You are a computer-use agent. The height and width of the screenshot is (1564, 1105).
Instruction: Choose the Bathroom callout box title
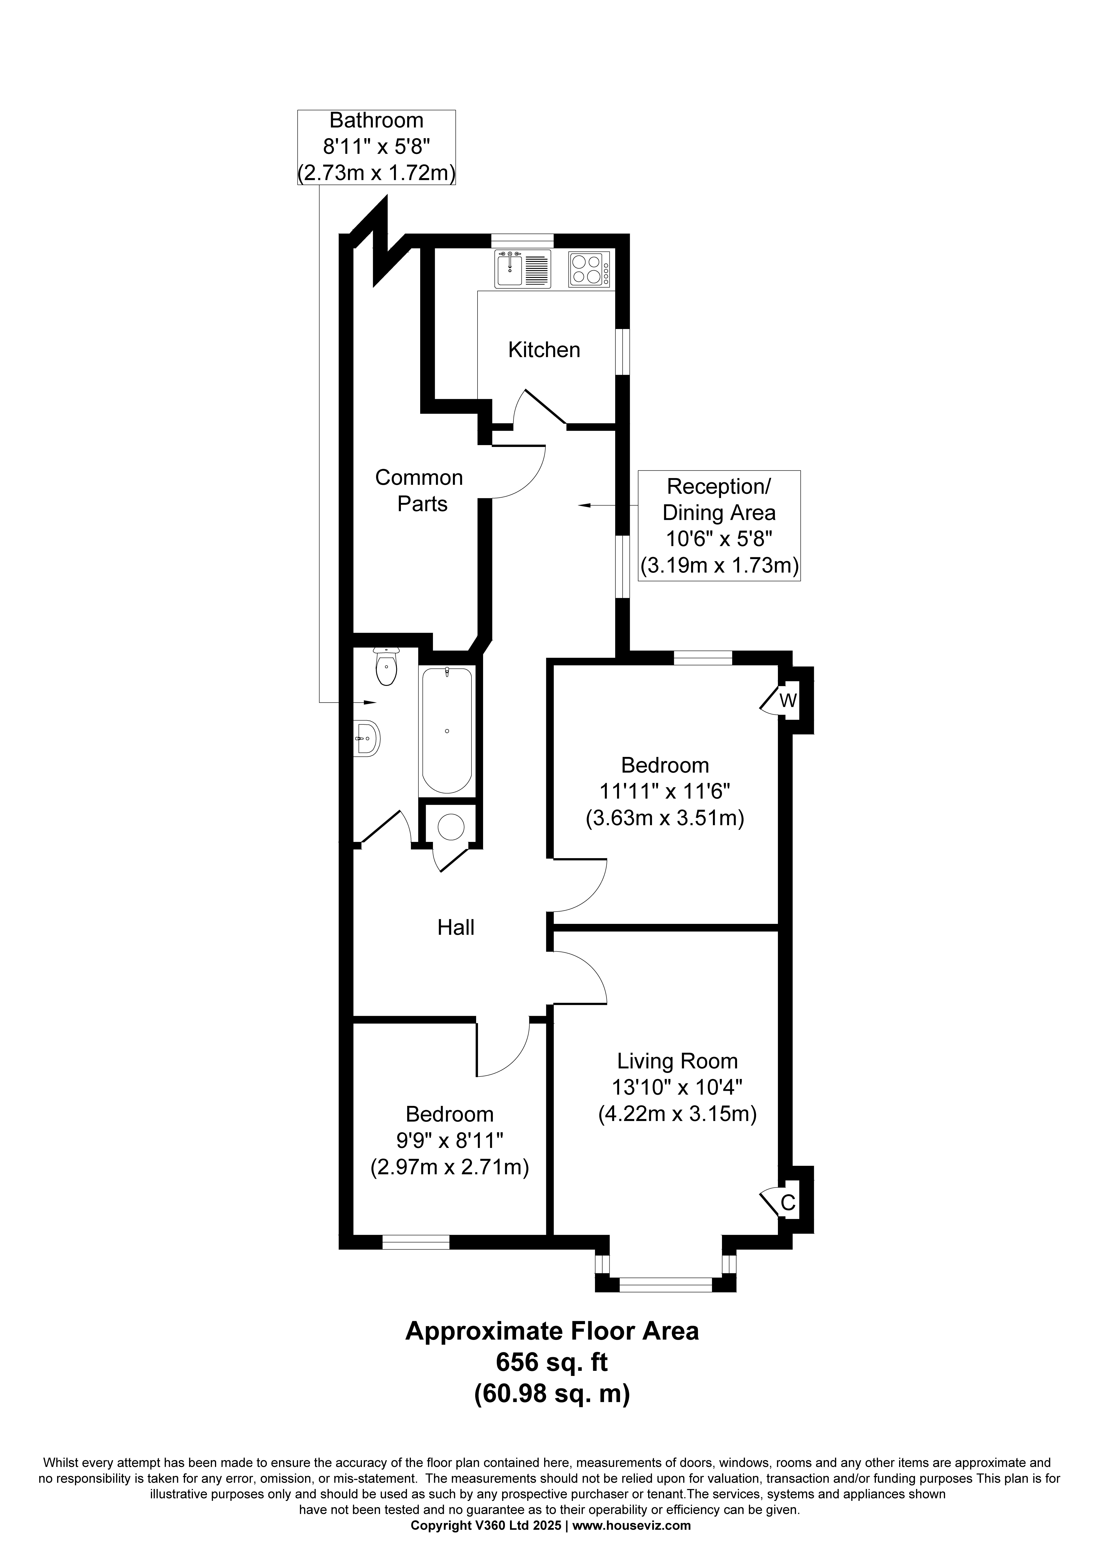coord(376,121)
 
